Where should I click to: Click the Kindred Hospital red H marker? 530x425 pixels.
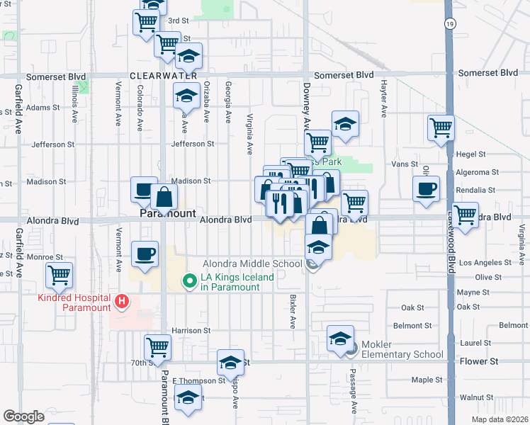pyautogui.click(x=122, y=302)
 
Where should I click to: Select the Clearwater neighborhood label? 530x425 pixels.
pyautogui.click(x=163, y=74)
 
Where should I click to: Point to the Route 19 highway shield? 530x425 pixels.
pyautogui.click(x=450, y=23)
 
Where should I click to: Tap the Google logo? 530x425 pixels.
pyautogui.click(x=23, y=416)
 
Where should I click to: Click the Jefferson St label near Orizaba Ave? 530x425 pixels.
pyautogui.click(x=192, y=144)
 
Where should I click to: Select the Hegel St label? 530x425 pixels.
pyautogui.click(x=470, y=154)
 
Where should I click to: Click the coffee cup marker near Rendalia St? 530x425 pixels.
pyautogui.click(x=426, y=189)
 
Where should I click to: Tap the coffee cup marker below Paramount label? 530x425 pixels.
pyautogui.click(x=145, y=254)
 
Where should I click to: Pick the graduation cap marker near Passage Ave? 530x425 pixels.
pyautogui.click(x=341, y=338)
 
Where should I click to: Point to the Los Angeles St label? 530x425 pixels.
pyautogui.click(x=485, y=263)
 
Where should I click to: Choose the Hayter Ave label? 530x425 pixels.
pyautogui.click(x=383, y=103)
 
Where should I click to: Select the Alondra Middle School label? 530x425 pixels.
pyautogui.click(x=252, y=263)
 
